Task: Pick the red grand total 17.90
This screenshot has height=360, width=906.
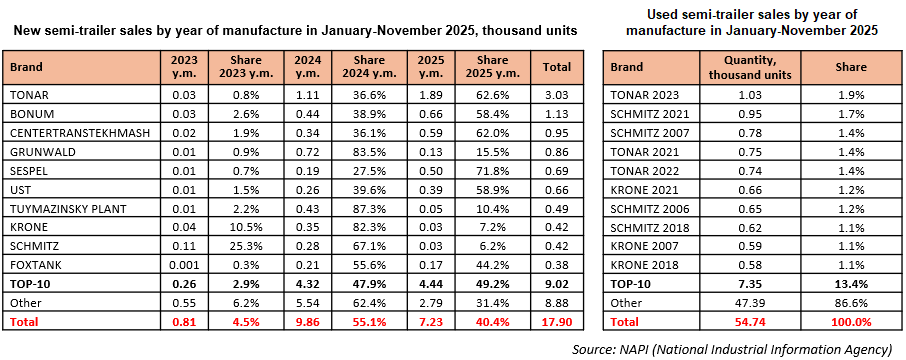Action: [x=557, y=322]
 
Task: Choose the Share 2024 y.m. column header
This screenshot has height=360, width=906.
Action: [x=370, y=67]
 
